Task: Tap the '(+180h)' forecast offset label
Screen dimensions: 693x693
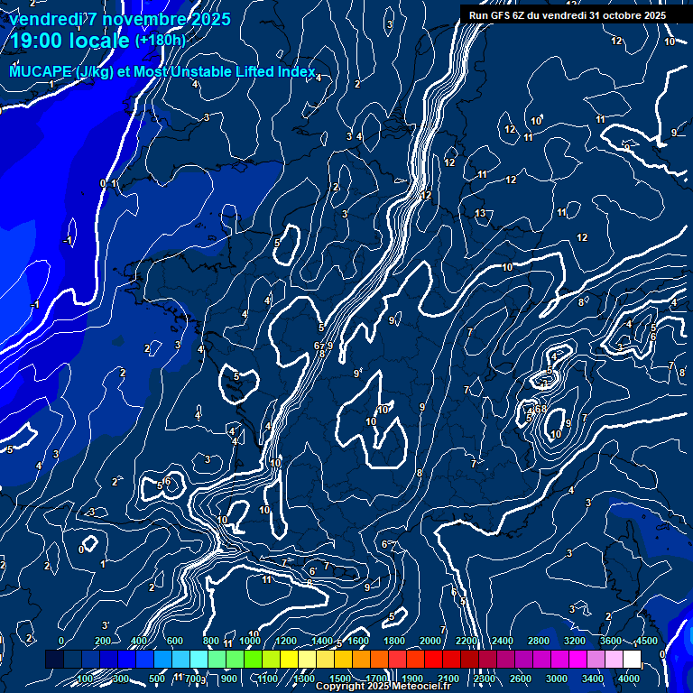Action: [x=160, y=41]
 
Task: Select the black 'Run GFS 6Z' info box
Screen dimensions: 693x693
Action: [x=568, y=14]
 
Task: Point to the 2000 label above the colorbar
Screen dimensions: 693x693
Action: [x=430, y=641]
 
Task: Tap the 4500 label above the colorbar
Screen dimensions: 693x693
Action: [x=647, y=641]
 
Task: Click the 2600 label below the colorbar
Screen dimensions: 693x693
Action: [x=521, y=679]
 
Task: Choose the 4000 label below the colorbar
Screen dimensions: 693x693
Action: [x=629, y=679]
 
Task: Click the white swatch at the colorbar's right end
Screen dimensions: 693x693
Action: [x=633, y=660]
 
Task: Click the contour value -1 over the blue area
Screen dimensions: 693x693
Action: [x=68, y=241]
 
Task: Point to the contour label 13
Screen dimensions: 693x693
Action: [x=480, y=213]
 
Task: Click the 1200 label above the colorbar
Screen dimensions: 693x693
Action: [x=286, y=641]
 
